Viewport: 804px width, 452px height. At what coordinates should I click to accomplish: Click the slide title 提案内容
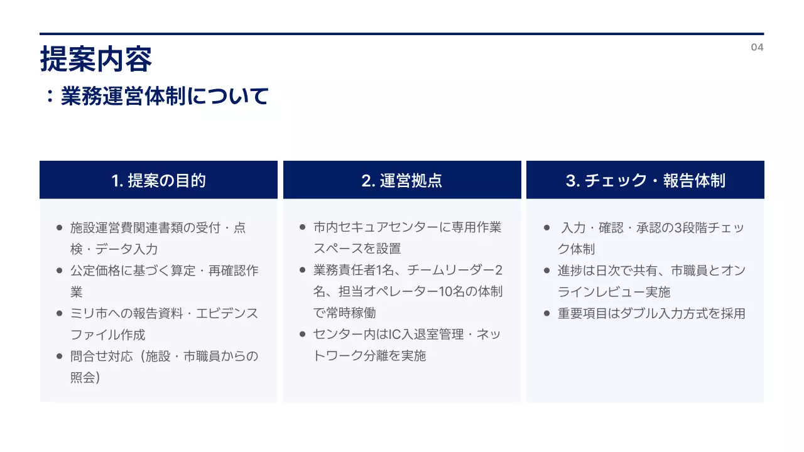(x=96, y=60)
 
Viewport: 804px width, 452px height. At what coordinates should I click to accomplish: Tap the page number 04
(x=757, y=48)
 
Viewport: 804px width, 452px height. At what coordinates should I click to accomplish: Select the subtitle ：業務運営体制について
(x=156, y=97)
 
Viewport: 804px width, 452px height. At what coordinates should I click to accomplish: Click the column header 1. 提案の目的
(x=158, y=181)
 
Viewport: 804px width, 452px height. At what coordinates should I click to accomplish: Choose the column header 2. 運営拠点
(x=402, y=181)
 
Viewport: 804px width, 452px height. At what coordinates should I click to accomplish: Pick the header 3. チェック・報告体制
(x=645, y=181)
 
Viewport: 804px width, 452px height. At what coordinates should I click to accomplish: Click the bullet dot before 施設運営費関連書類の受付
(x=59, y=228)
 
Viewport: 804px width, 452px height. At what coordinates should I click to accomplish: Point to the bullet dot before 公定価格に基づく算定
(x=59, y=271)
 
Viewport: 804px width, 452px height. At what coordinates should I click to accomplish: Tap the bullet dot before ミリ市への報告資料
(x=59, y=313)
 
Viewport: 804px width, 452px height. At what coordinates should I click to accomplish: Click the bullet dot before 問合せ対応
(x=59, y=356)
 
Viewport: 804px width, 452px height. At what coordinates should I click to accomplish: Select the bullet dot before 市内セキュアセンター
(x=302, y=227)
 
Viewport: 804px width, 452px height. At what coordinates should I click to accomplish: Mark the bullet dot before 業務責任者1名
(x=302, y=270)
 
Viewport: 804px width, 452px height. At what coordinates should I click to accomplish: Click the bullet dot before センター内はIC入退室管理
(x=302, y=334)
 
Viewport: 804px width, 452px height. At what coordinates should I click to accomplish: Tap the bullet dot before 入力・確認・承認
(x=546, y=228)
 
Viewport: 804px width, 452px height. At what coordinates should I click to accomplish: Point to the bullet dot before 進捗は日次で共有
(x=546, y=271)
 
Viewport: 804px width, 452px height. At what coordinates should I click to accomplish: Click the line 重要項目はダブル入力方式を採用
(x=651, y=313)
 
